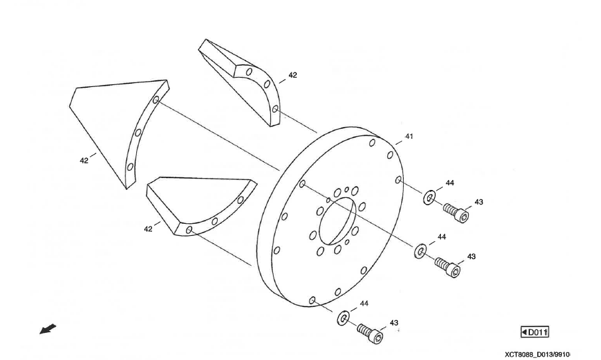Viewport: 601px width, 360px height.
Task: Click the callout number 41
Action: [x=409, y=136]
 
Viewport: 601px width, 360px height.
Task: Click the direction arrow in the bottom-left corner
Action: [x=48, y=329]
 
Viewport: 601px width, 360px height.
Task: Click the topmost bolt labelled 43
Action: [x=456, y=213]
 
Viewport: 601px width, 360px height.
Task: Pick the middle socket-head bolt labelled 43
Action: [x=448, y=267]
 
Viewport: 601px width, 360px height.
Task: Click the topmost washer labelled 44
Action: [x=429, y=196]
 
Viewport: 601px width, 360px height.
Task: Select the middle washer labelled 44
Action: [x=420, y=250]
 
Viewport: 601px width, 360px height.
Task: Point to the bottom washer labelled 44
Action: [x=343, y=317]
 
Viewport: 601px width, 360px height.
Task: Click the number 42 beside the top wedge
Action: [x=293, y=75]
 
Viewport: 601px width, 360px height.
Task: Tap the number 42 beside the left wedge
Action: [x=84, y=160]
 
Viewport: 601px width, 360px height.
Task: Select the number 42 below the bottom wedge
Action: [x=148, y=228]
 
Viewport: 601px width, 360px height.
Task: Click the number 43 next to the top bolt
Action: [x=479, y=202]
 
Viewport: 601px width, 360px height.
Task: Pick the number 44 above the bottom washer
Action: [x=364, y=303]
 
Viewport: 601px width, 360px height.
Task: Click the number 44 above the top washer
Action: [x=450, y=183]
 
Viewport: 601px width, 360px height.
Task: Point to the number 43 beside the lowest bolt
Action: [x=394, y=323]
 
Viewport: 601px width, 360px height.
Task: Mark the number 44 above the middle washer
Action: [x=441, y=236]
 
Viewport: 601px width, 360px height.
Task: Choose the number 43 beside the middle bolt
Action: [x=472, y=256]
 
